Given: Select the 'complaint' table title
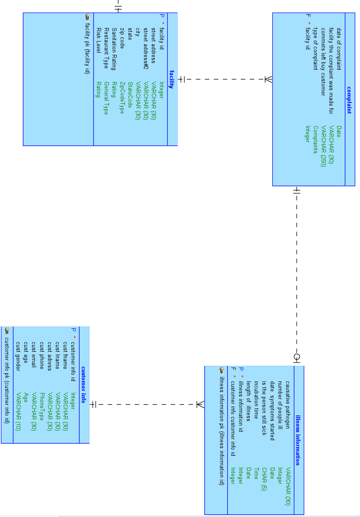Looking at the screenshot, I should [x=349, y=100].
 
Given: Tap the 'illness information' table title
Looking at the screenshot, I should [x=298, y=440].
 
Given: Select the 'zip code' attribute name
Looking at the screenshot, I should [x=122, y=37].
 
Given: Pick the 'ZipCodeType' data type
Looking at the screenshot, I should [x=122, y=98].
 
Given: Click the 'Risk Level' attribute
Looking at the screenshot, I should [x=99, y=40].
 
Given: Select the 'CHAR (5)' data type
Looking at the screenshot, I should [x=264, y=479].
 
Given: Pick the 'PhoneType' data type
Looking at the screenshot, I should [x=42, y=408].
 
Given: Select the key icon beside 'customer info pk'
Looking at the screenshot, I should [x=7, y=331].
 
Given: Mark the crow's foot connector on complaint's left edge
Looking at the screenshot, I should [x=268, y=79].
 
